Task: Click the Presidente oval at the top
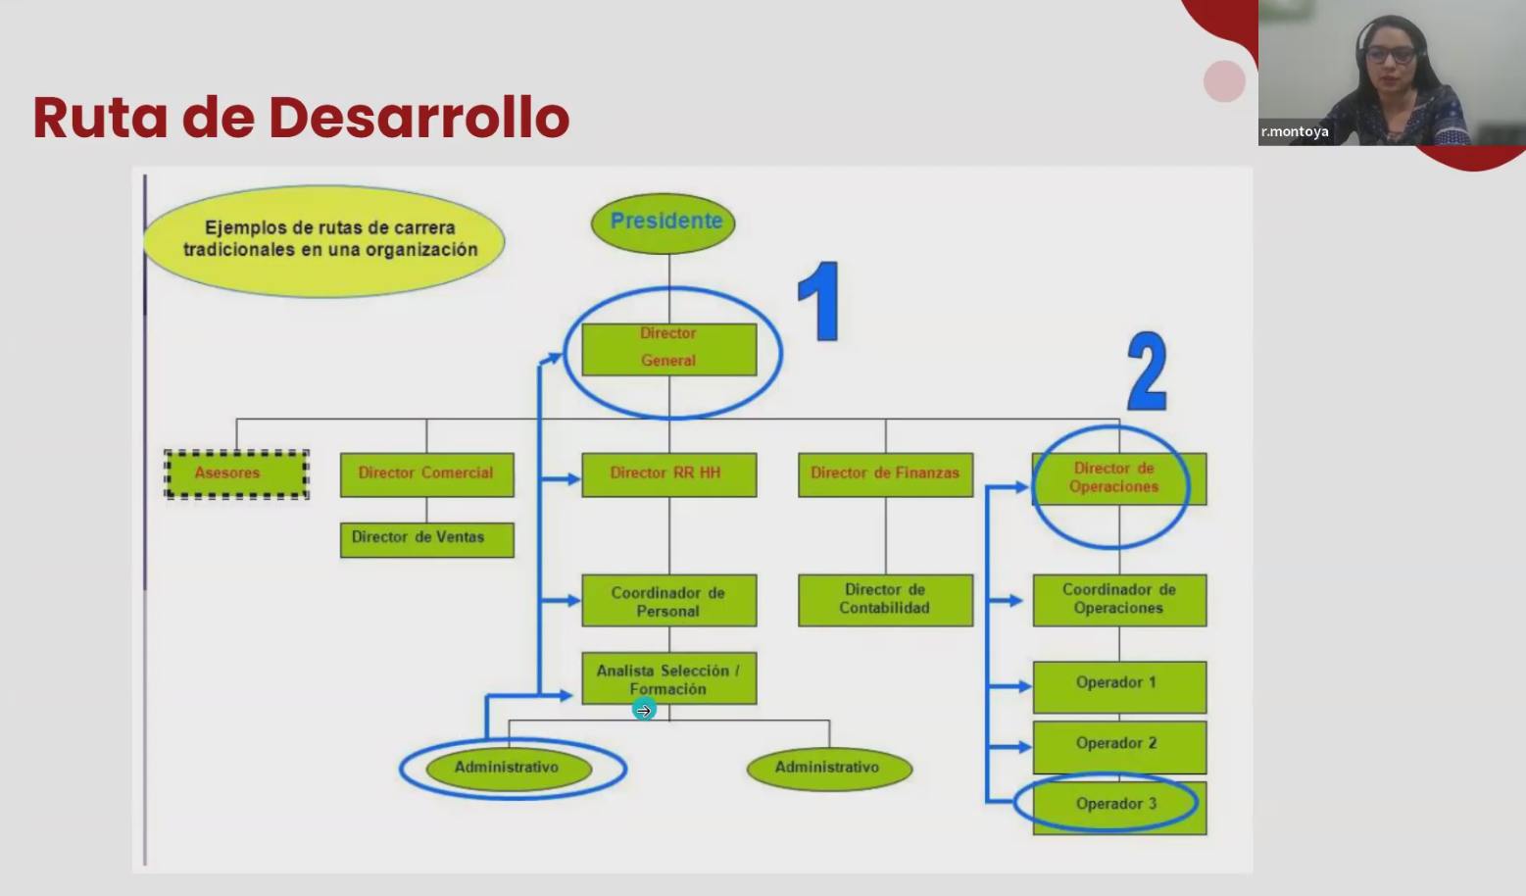(663, 223)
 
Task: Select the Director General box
(669, 349)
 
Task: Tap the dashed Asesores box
(236, 474)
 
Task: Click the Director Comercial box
(427, 474)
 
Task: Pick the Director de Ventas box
(427, 539)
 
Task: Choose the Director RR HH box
(669, 474)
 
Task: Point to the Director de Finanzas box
(886, 474)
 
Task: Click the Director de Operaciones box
(1119, 478)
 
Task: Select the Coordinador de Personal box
(669, 600)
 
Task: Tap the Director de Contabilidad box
(886, 600)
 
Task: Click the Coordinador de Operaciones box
(1119, 600)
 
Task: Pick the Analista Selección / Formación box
(669, 678)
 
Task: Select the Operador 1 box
(1119, 687)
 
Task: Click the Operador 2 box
(1119, 747)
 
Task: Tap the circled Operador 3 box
(1119, 808)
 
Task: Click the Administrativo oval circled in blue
(509, 769)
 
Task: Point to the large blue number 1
(818, 301)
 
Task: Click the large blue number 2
(1148, 371)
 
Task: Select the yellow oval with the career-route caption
(324, 240)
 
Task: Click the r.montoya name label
(1295, 131)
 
